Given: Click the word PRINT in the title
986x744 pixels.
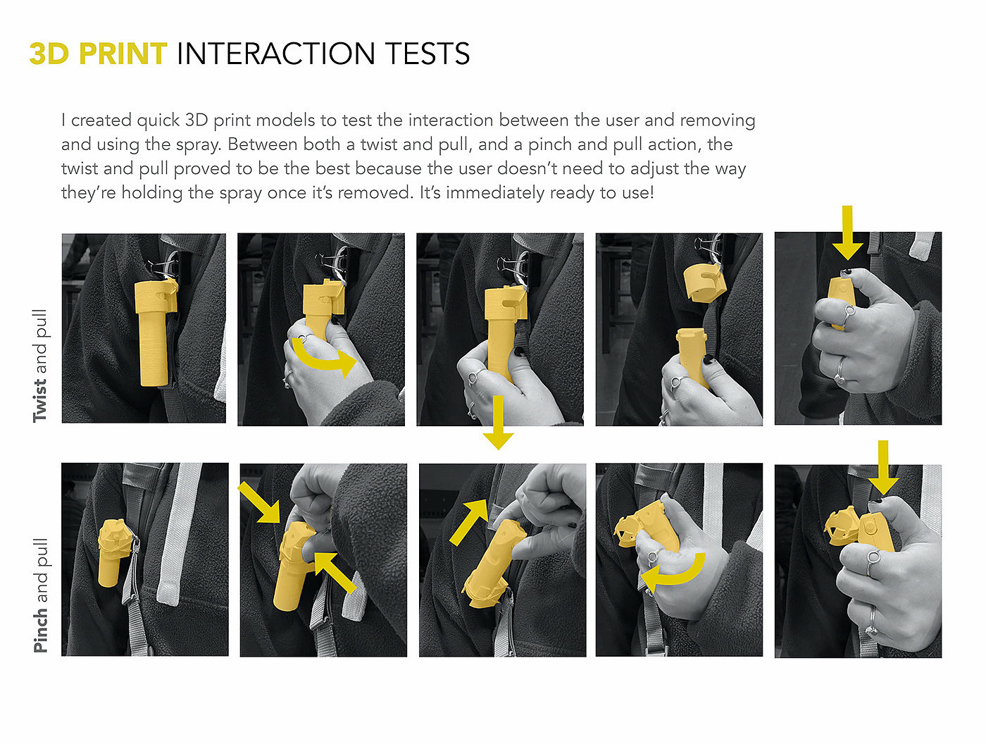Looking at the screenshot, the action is pos(123,54).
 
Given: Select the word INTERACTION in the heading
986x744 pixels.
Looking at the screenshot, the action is pos(276,54).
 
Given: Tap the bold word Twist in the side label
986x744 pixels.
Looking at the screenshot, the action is pos(39,401).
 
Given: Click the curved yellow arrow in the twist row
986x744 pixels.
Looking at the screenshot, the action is pos(323,357).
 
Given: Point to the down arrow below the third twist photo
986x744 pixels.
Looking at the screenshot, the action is pos(498,422).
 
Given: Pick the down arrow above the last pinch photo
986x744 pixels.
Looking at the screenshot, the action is pos(883,468).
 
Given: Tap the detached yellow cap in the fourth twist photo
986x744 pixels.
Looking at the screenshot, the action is pos(704,282).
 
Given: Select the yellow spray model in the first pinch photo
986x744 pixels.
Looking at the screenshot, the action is pos(112,552).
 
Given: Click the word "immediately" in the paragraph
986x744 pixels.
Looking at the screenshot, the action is pos(496,193).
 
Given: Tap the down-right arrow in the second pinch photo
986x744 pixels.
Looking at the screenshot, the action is pos(259,502).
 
